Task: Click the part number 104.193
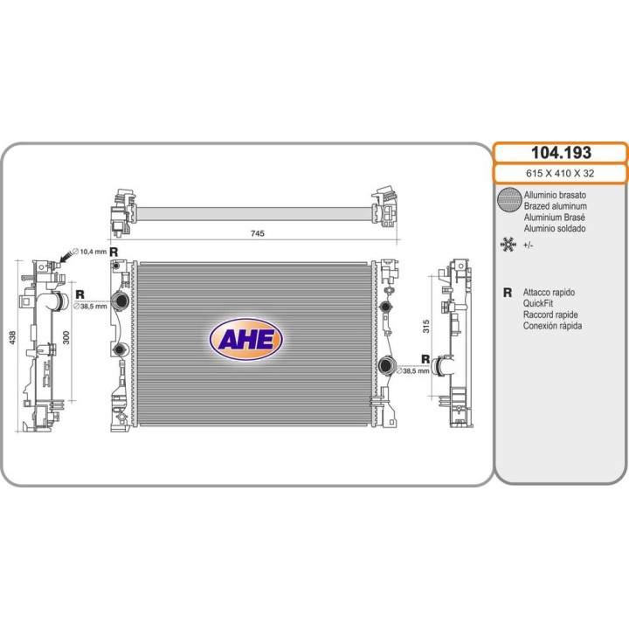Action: (x=560, y=153)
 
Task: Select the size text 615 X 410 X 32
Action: (x=560, y=173)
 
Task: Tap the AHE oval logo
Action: (x=245, y=339)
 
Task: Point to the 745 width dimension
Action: (x=257, y=233)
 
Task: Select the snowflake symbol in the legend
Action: (x=507, y=245)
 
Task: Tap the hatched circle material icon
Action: (x=508, y=200)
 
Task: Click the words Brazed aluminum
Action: (x=555, y=205)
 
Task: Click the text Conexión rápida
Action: (x=553, y=326)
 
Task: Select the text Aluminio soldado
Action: (x=555, y=228)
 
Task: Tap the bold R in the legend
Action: (x=507, y=293)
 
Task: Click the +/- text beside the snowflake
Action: (x=529, y=245)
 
